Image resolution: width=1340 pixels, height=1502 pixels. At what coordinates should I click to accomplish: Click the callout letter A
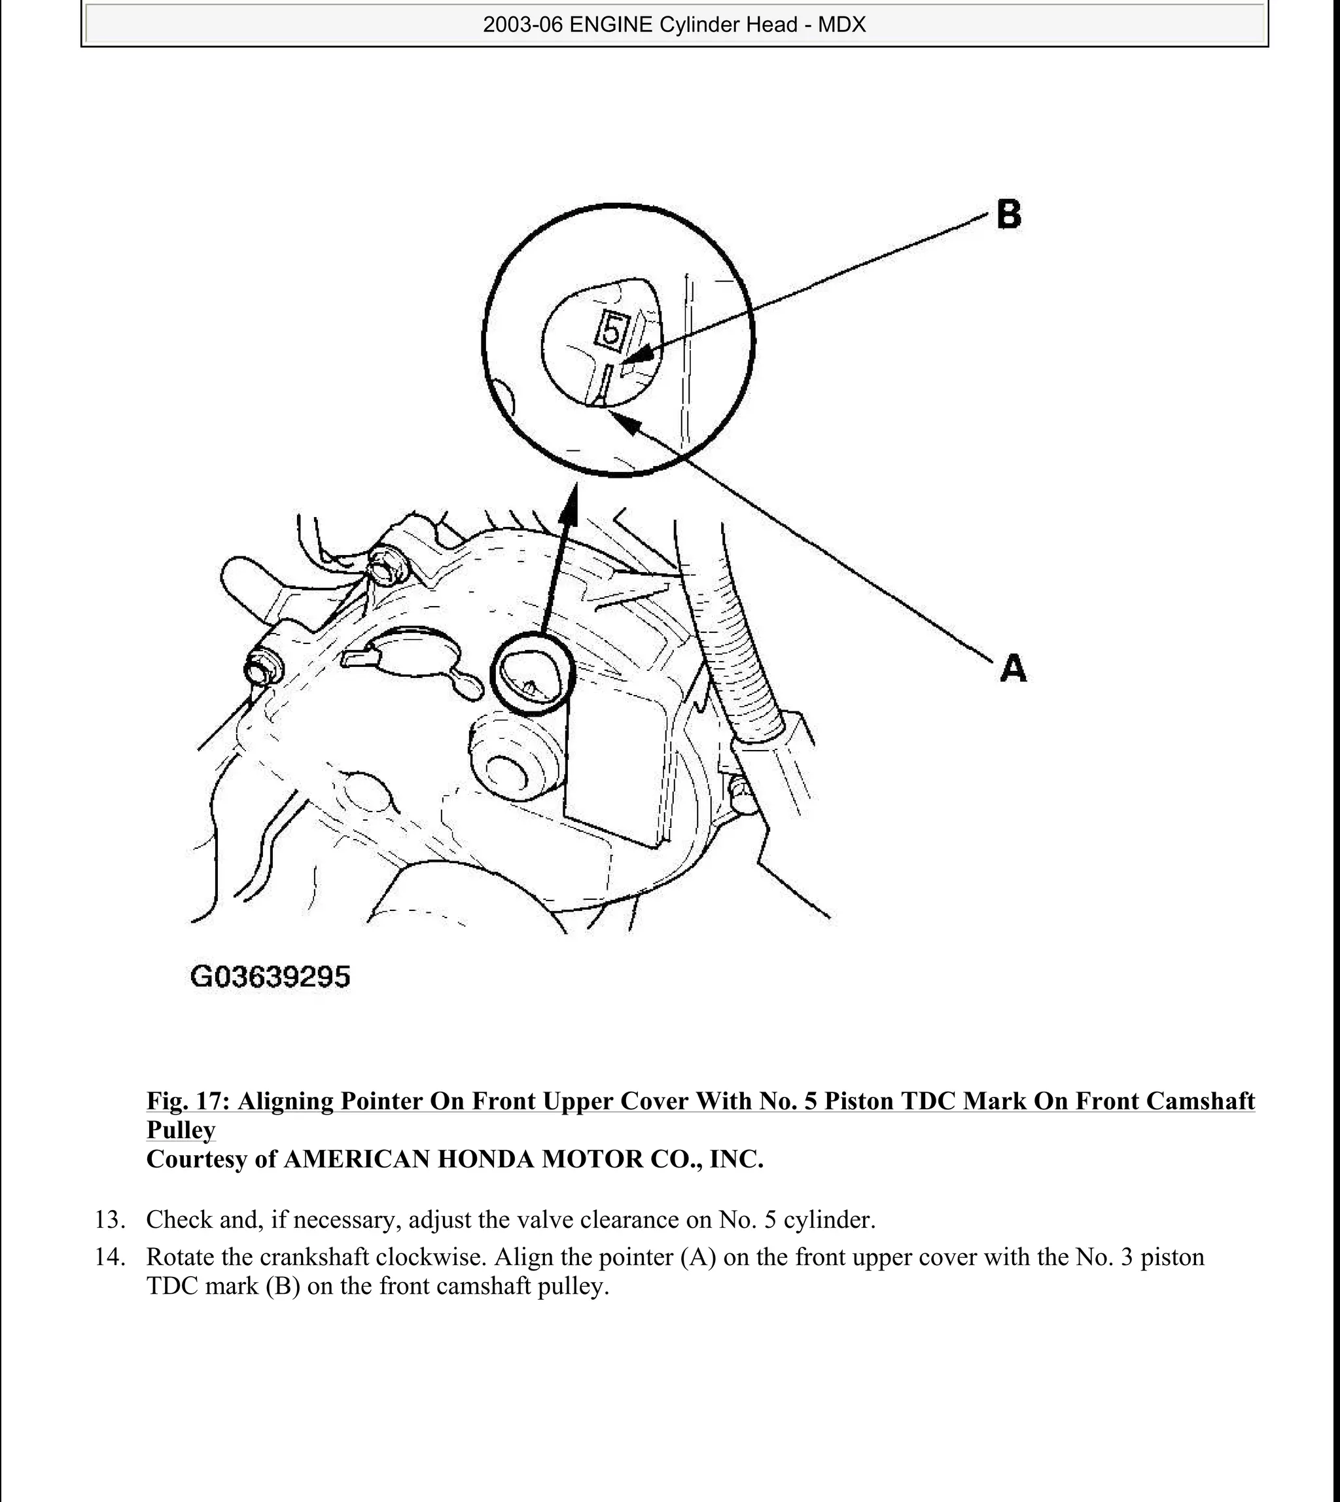click(1013, 669)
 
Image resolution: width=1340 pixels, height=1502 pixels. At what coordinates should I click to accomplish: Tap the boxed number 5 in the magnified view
click(611, 330)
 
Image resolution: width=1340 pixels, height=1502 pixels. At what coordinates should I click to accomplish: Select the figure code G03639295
click(270, 977)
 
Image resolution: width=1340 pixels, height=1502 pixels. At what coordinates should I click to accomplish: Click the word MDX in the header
click(841, 25)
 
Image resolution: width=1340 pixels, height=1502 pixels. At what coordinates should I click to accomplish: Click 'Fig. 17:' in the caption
click(188, 1101)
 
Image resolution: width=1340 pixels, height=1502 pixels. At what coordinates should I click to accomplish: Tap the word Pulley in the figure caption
click(181, 1130)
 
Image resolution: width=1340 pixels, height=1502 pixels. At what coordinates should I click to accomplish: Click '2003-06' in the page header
click(523, 25)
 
